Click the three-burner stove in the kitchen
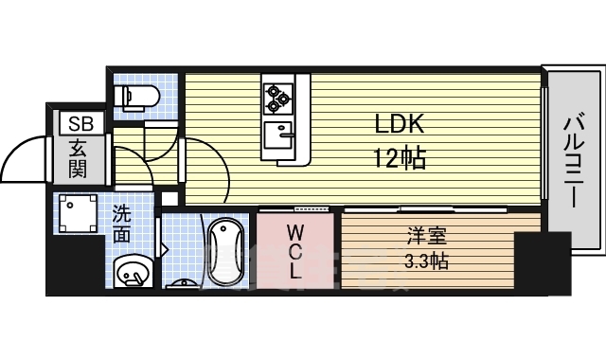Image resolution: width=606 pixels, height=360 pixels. click(x=278, y=95)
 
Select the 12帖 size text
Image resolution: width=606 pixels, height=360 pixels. click(x=399, y=158)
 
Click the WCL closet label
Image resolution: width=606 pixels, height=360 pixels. click(x=294, y=250)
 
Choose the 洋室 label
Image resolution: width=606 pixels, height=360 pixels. click(x=422, y=235)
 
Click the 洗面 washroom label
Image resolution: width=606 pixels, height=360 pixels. click(x=122, y=224)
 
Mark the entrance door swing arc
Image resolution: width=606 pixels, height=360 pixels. click(x=26, y=156)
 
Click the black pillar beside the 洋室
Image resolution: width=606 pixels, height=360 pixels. click(x=543, y=260)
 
